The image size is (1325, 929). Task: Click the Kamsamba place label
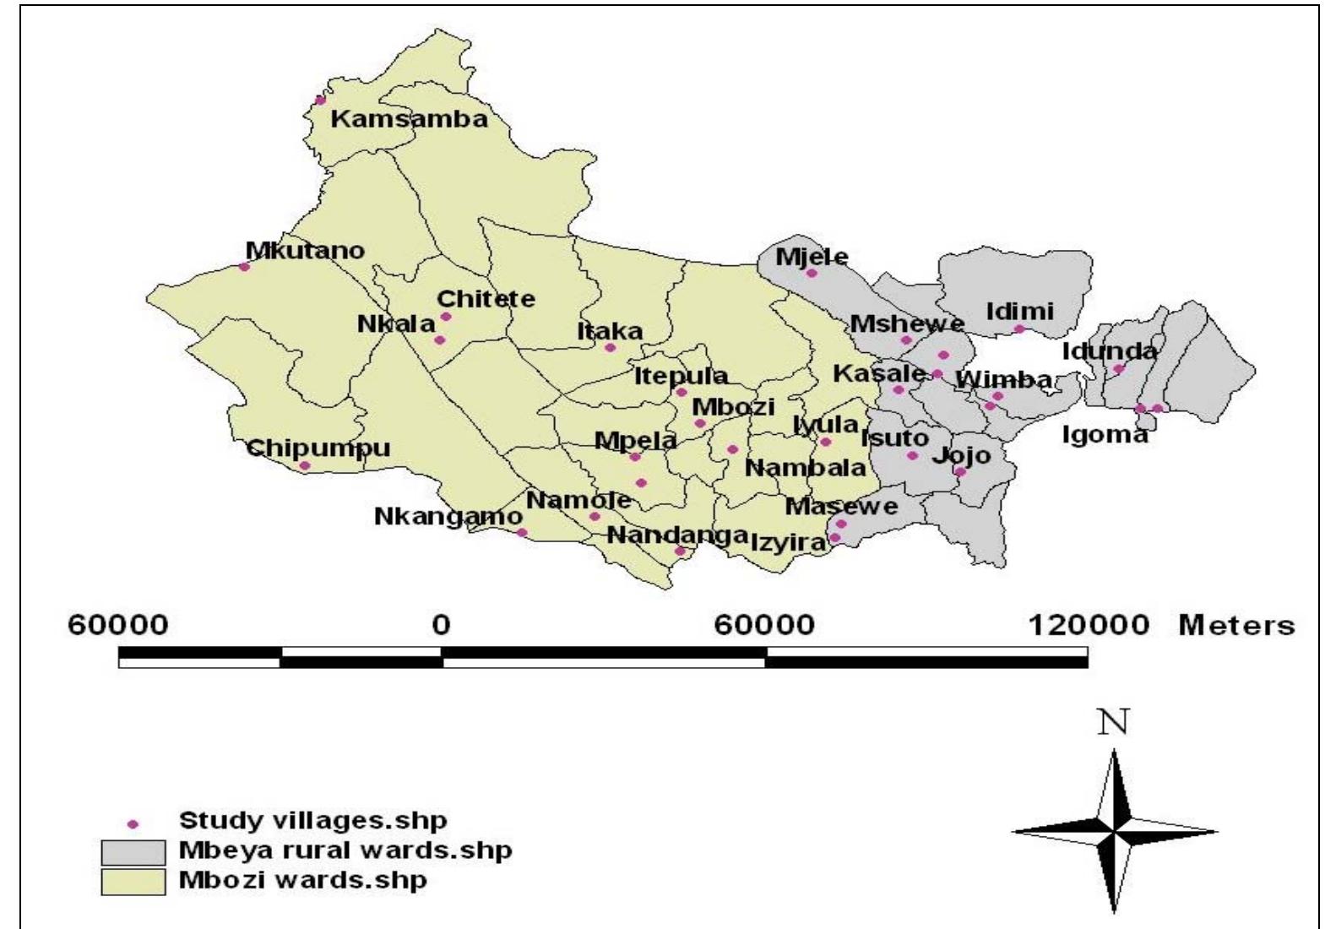409,119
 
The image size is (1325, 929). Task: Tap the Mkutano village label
305,251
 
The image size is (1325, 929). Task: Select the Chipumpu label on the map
318,447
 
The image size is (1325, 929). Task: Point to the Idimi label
1020,312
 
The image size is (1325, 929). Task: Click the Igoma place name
1105,435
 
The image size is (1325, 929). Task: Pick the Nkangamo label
448,515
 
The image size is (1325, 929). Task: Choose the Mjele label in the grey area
812,257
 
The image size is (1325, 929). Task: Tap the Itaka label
610,331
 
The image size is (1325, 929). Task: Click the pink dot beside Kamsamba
320,101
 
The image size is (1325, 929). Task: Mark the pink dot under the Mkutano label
244,267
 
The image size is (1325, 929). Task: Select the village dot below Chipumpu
305,465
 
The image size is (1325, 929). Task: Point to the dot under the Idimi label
1019,329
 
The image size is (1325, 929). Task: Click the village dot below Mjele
812,273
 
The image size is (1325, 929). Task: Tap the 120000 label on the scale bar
1089,626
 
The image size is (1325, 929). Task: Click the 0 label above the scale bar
441,626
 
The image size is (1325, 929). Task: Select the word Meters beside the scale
1236,626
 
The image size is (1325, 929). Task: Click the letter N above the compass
1114,723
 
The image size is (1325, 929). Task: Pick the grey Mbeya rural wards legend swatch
133,851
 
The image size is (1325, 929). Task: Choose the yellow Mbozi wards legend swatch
133,881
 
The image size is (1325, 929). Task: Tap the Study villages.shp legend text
312,819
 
